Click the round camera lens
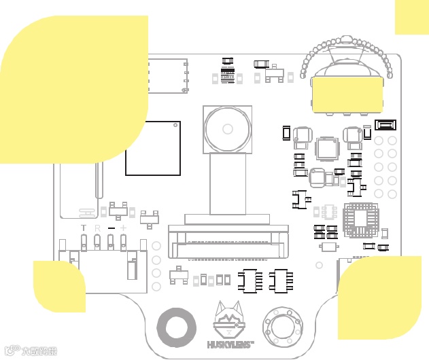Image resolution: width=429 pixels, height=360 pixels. point(228,129)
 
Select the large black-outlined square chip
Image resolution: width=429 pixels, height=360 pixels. point(153,148)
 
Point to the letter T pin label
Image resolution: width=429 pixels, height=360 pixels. point(84,228)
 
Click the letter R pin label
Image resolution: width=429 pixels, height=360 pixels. point(97,228)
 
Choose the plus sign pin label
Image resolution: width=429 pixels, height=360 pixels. point(124,228)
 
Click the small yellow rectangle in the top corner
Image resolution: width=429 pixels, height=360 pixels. point(412,17)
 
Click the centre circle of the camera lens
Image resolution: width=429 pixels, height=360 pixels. point(228,129)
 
